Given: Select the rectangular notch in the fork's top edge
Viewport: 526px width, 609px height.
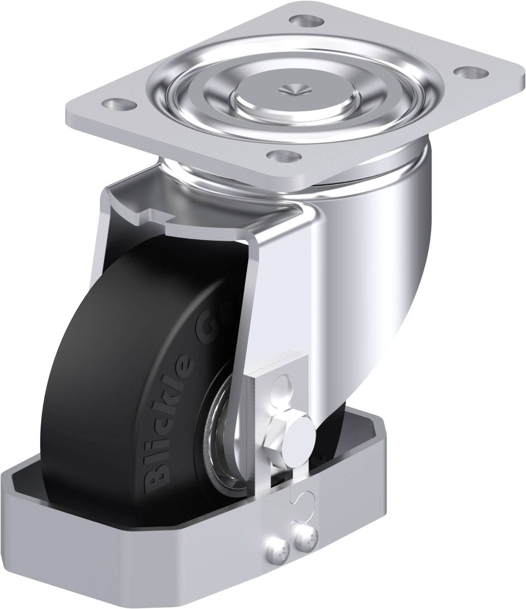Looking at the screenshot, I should [x=157, y=214].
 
